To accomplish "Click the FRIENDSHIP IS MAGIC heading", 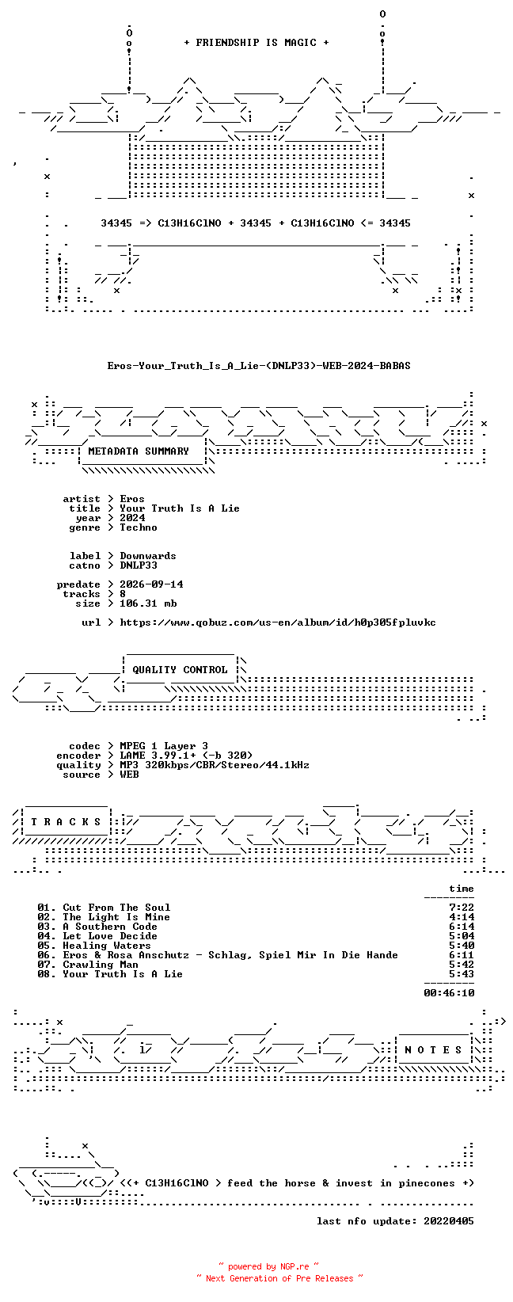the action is [x=256, y=43].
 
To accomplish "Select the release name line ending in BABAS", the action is [x=259, y=366].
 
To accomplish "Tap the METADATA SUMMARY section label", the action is [x=139, y=451].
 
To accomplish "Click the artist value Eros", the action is [x=132, y=499].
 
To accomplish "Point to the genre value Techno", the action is [x=139, y=527].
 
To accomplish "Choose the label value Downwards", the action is [x=147, y=556].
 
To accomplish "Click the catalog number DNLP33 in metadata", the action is [x=139, y=565].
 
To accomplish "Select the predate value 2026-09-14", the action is [x=151, y=584].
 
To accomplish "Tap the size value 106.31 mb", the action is [x=148, y=603].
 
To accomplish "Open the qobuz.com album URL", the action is [x=278, y=622].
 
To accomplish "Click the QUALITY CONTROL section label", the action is [x=180, y=669].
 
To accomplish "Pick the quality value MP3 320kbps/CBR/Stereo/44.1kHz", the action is [x=215, y=765].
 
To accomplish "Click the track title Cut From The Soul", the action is [x=116, y=908].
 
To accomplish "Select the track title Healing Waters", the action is [x=107, y=945].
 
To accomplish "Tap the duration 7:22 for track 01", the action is [x=462, y=908].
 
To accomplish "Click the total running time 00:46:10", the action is [x=449, y=993].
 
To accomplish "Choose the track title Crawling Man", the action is [x=101, y=965].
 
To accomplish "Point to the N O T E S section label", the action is [x=433, y=1049].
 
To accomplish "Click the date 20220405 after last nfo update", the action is [x=449, y=1221].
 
